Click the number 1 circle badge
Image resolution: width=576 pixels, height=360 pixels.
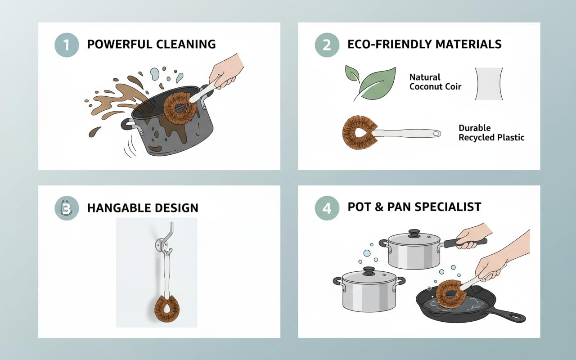[x=67, y=45]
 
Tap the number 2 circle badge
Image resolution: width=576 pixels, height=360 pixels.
[x=327, y=45]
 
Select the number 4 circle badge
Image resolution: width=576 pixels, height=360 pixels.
[x=327, y=208]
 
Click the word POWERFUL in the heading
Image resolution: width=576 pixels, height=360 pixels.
[x=120, y=44]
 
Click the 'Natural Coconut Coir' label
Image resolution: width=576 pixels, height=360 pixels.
[x=435, y=82]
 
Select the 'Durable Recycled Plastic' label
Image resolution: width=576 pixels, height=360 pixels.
[x=491, y=133]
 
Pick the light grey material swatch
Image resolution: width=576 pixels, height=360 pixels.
[x=489, y=84]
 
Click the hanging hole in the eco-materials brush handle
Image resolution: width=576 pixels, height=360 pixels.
[x=436, y=134]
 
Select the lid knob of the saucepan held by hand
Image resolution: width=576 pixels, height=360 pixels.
[x=414, y=233]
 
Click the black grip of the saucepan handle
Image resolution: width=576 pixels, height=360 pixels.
[x=465, y=242]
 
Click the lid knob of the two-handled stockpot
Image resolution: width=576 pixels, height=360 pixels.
[x=369, y=271]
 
